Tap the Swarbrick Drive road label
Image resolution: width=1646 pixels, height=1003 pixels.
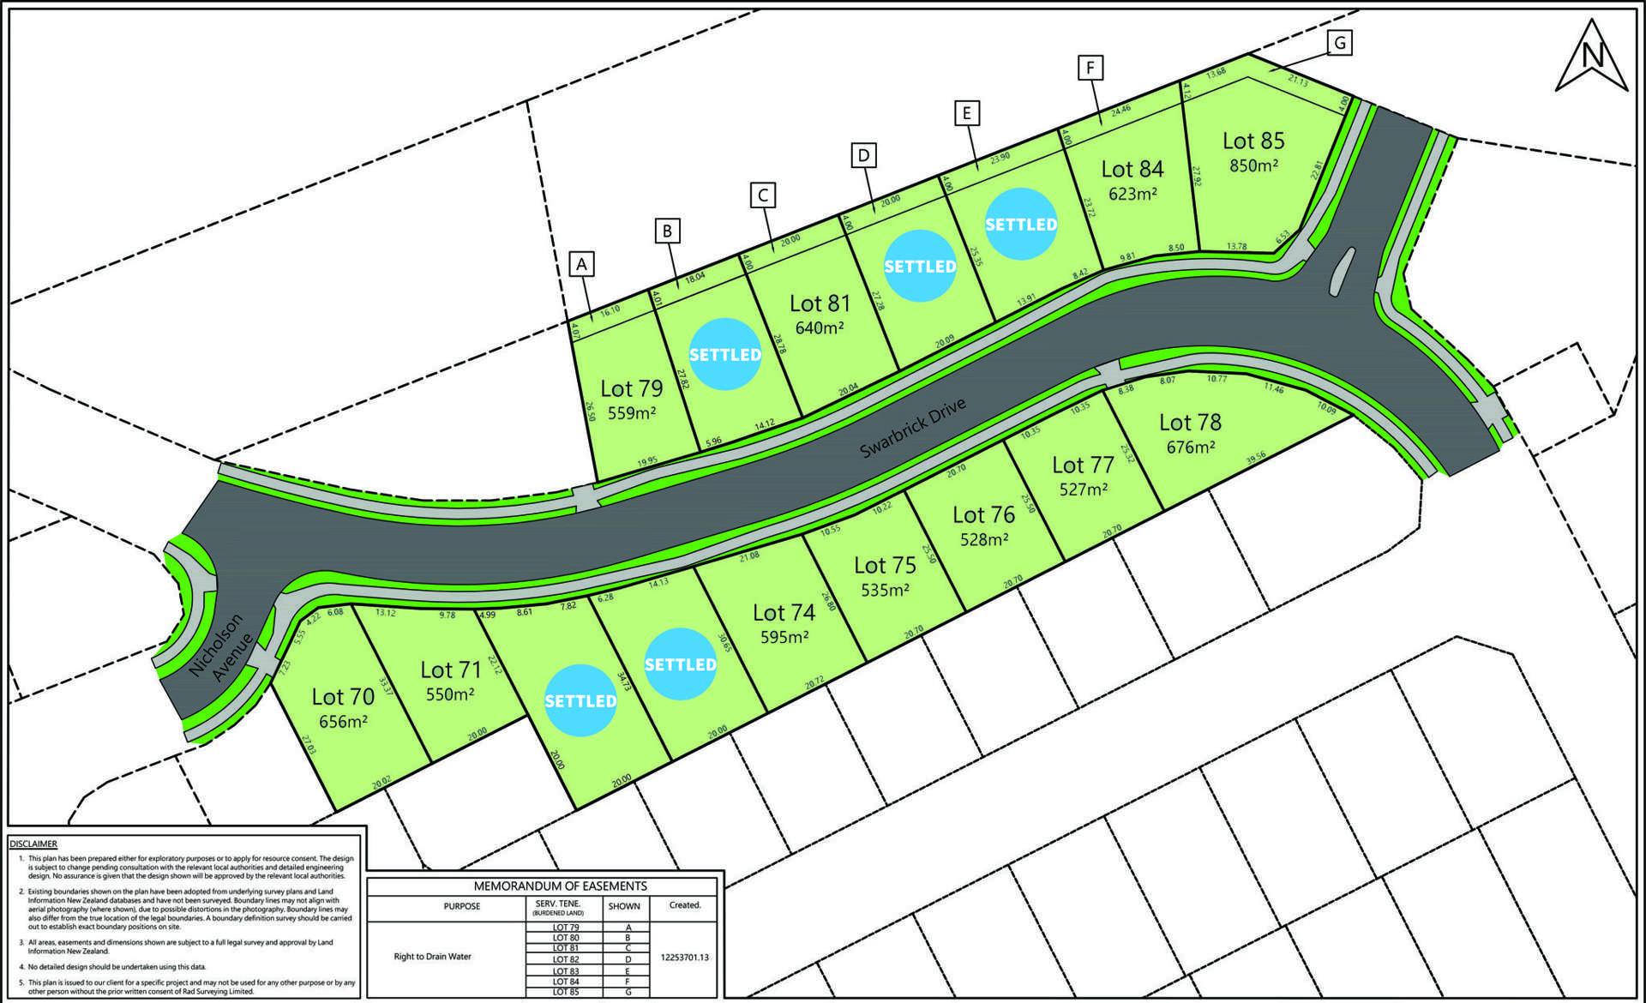913,428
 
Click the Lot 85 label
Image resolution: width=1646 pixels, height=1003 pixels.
1253,141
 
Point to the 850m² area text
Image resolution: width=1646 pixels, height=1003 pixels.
1253,165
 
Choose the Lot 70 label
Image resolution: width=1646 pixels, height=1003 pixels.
343,697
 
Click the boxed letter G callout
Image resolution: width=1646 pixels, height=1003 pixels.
1339,42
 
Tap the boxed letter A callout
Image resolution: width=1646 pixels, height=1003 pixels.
582,264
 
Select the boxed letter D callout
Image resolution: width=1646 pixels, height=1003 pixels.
863,155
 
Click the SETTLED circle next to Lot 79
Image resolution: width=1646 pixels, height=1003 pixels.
725,354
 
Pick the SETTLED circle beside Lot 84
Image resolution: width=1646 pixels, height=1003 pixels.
1020,224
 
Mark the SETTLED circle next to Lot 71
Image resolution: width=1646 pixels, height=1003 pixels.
580,700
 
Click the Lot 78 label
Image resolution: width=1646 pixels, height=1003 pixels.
1190,423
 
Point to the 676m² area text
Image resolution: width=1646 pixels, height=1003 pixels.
1190,447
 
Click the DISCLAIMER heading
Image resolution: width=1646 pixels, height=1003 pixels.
33,844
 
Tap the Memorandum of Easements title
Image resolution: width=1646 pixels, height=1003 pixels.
561,886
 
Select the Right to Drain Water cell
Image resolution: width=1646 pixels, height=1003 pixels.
432,957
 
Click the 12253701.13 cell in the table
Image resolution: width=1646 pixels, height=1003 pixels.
685,958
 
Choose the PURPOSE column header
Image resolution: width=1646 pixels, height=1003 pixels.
462,906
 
